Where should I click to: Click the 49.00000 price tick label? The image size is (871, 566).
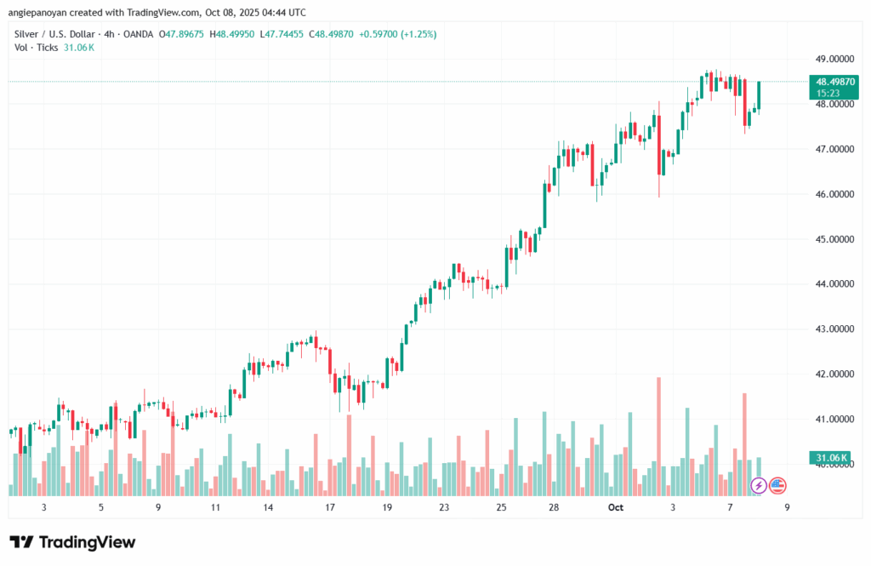pyautogui.click(x=832, y=59)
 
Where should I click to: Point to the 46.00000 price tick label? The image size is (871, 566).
pyautogui.click(x=832, y=194)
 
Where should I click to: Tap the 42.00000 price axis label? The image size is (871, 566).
pyautogui.click(x=832, y=374)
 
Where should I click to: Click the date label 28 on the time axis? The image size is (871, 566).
pyautogui.click(x=553, y=506)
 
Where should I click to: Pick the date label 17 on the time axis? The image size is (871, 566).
pyautogui.click(x=330, y=506)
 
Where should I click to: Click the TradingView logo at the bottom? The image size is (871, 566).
pyautogui.click(x=72, y=542)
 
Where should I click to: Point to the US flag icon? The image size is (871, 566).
pyautogui.click(x=777, y=486)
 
